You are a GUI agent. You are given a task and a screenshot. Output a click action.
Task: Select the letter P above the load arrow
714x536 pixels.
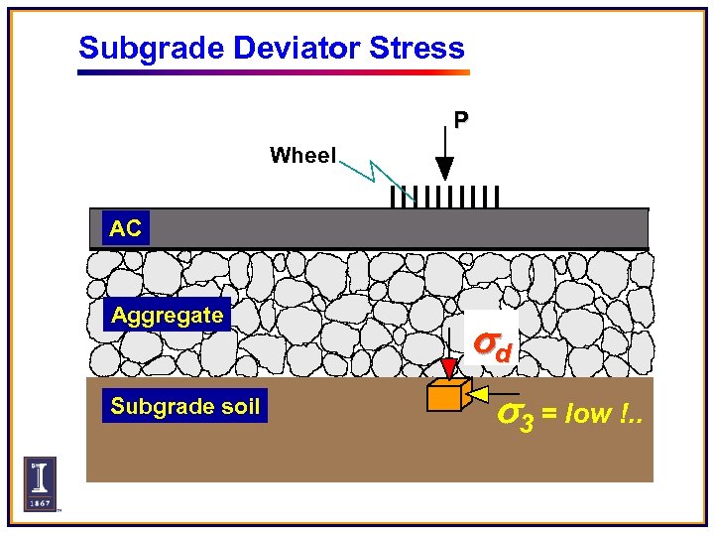coord(461,120)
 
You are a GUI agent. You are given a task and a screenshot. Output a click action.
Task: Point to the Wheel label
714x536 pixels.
coord(302,155)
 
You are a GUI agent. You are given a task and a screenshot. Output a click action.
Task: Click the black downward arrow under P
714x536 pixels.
coord(445,159)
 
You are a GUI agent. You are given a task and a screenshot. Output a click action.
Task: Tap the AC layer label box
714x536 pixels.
coord(126,228)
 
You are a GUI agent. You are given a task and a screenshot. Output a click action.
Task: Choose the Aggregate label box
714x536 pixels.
coord(168,316)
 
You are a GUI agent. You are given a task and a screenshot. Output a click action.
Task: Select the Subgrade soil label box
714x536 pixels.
coord(185,406)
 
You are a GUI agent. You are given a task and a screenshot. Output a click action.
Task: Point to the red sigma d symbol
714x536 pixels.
coord(492,345)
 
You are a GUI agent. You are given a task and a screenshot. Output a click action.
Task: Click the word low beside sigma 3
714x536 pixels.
coord(589,414)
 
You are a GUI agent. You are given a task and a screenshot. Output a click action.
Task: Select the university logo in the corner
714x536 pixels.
coord(40,483)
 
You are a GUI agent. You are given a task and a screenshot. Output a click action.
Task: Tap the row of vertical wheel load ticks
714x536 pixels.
coord(443,196)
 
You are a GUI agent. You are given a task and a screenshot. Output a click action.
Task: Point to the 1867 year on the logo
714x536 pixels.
coord(40,503)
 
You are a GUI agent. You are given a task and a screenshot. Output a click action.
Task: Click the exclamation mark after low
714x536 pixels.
coord(626,414)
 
